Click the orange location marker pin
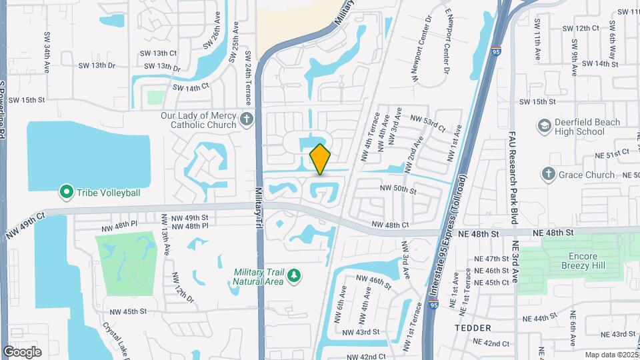click(321, 159)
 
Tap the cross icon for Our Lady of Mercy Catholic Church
click(247, 120)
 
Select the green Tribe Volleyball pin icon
click(66, 193)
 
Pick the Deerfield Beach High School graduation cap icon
click(545, 127)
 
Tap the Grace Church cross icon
click(548, 175)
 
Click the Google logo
click(23, 351)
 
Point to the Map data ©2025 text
click(611, 355)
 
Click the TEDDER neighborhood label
click(473, 328)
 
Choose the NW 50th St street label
click(398, 189)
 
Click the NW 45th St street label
click(125, 311)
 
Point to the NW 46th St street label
click(373, 281)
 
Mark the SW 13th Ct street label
click(159, 53)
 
